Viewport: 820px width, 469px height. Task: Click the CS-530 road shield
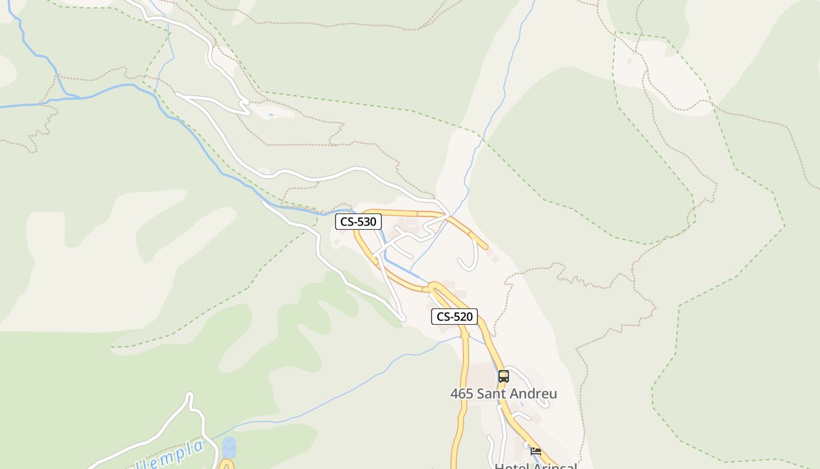point(358,222)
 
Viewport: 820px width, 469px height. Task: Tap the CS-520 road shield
point(455,317)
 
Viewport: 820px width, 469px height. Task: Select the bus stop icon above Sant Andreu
point(503,376)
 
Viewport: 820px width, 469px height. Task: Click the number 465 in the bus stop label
point(462,394)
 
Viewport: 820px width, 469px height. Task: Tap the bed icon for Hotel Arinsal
point(536,451)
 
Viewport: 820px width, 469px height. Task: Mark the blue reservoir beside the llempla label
point(229,447)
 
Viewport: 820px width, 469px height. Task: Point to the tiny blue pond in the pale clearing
point(271,115)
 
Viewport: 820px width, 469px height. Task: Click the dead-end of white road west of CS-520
point(403,319)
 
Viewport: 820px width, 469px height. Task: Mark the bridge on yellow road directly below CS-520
point(465,336)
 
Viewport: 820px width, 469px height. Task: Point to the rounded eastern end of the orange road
point(486,247)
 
